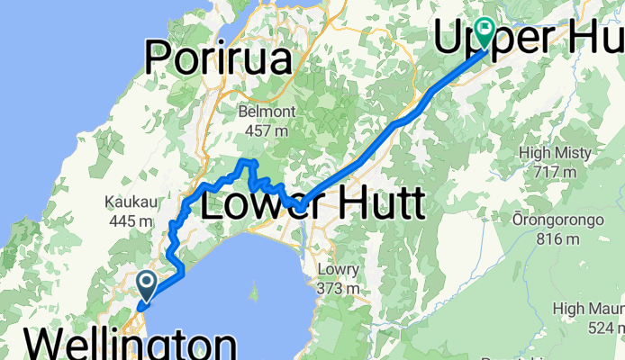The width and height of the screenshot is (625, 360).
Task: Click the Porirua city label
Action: [x=221, y=60]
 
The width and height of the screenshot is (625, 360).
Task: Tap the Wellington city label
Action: [x=131, y=345]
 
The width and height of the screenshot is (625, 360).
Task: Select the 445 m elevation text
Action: [x=127, y=220]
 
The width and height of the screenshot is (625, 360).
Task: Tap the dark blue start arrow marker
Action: [x=147, y=286]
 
